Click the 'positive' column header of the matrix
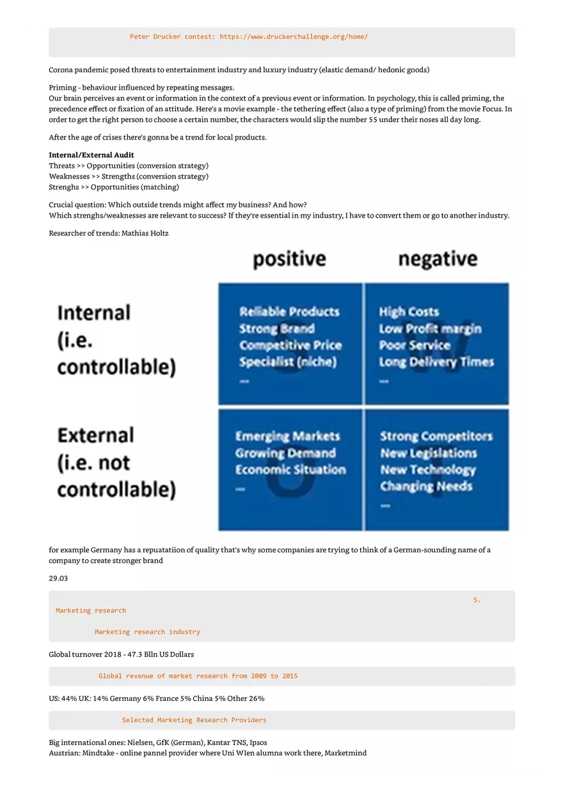point(289,259)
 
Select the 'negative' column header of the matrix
point(438,259)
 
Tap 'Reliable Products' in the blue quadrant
point(289,312)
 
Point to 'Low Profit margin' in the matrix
point(430,329)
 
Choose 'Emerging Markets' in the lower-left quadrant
point(287,436)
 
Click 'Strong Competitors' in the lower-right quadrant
point(436,436)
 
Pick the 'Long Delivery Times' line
point(436,362)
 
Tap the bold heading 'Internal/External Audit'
point(91,155)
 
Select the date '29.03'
point(58,578)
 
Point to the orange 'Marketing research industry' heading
point(147,632)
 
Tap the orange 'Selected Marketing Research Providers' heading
point(194,720)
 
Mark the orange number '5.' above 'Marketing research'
point(477,600)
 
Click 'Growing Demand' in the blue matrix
point(285,453)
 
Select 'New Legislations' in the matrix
point(428,453)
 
